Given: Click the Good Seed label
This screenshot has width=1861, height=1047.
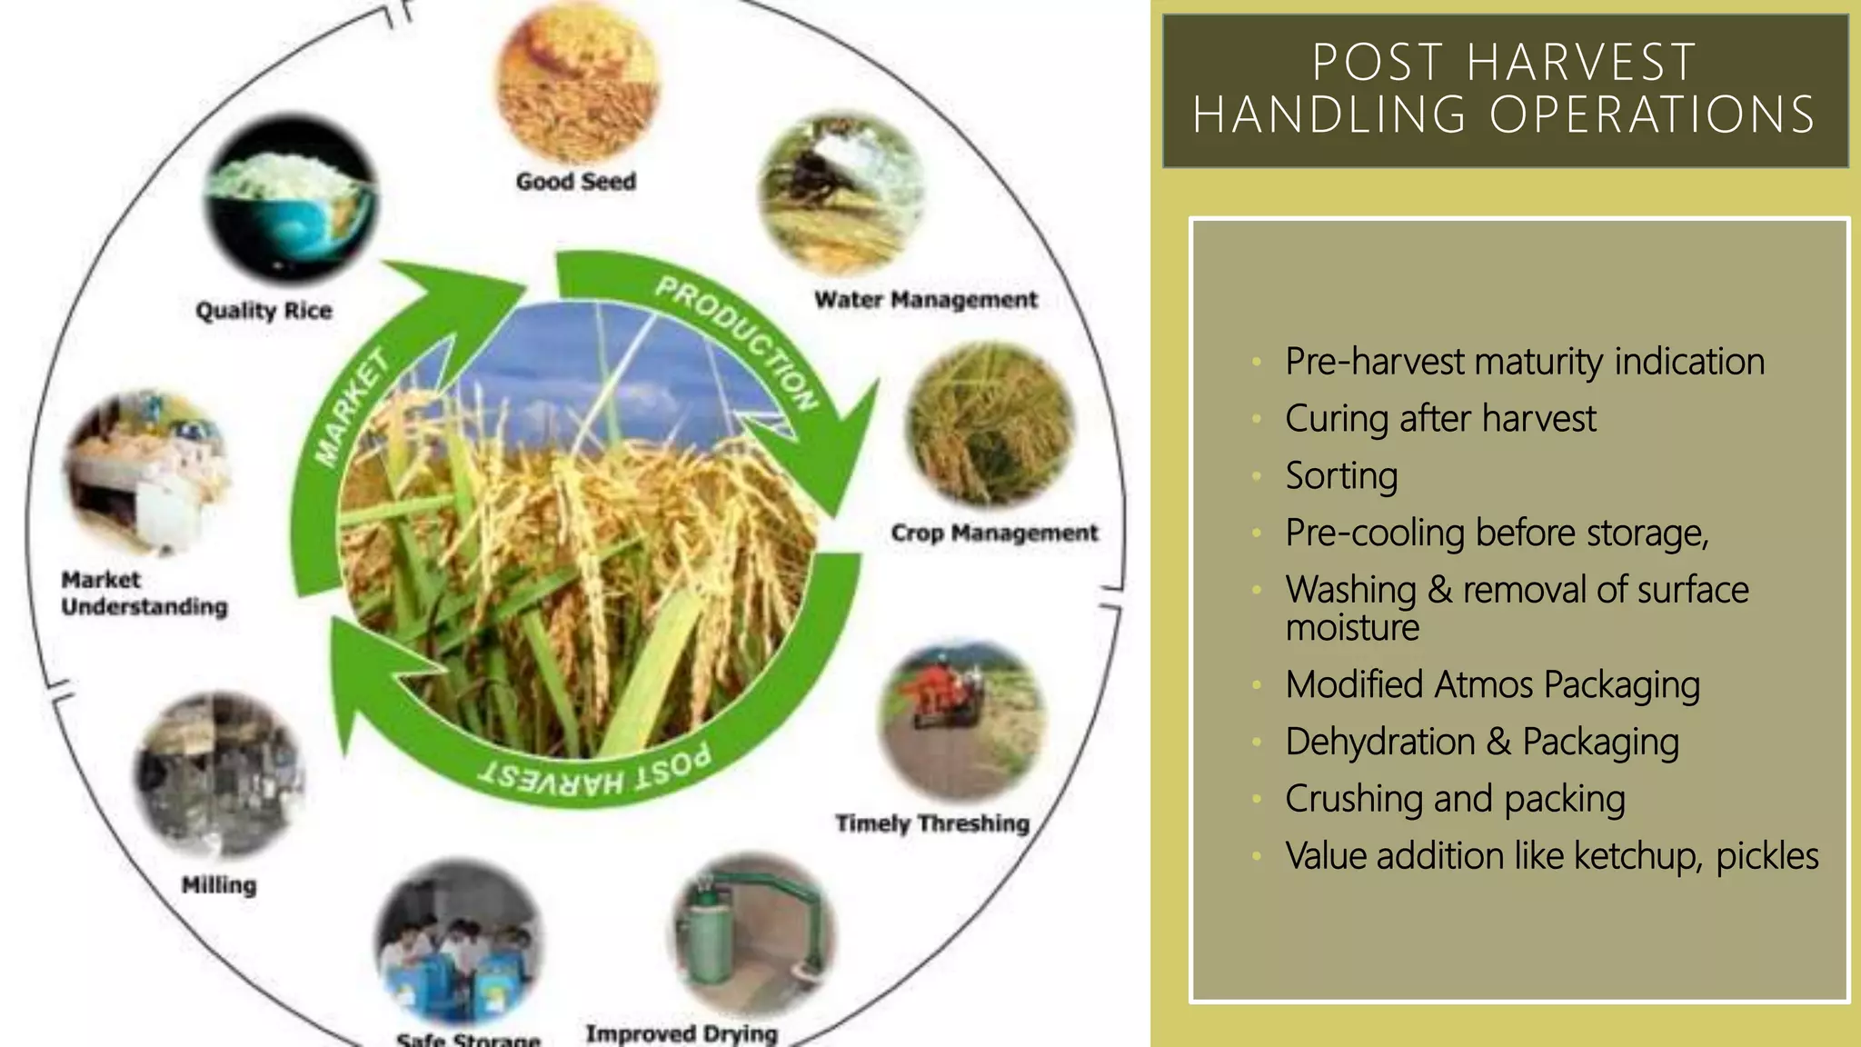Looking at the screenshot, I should pos(576,182).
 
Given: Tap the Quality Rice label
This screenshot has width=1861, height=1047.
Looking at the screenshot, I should pos(264,311).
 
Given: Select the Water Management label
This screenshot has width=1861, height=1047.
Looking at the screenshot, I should pos(925,300).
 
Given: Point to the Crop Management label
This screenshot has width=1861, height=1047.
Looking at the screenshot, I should pos(994,533).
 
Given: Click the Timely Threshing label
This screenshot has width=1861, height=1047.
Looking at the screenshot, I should pos(932,823).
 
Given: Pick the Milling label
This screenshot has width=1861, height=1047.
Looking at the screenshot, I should pos(219,885).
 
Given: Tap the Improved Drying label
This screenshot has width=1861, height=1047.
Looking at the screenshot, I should pos(682,1033).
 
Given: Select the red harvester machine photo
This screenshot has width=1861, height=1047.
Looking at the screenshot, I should pos(961,719).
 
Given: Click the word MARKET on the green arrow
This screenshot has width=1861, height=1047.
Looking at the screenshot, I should pos(353,406).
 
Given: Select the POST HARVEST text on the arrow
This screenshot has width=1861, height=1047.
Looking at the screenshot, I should pos(595,772).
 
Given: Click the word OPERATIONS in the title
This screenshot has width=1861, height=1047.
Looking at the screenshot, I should pos(1651,115).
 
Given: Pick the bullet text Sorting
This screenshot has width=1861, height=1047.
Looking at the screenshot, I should pos(1341,476).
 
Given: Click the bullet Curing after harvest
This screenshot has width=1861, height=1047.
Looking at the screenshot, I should pos(1440,419).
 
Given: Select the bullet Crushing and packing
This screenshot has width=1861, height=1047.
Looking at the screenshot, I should pos(1455,799).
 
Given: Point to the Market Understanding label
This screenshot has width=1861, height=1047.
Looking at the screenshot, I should pos(144,593).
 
